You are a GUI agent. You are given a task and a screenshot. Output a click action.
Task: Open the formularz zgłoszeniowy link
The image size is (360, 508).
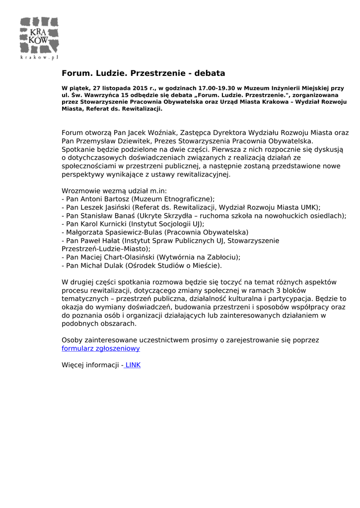[100, 348]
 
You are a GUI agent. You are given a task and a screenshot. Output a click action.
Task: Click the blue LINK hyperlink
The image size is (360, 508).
[133, 365]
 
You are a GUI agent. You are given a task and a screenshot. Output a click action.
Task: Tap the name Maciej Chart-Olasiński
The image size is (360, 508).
[117, 257]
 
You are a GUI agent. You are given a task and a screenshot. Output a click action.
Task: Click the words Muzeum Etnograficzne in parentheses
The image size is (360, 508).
[172, 199]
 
